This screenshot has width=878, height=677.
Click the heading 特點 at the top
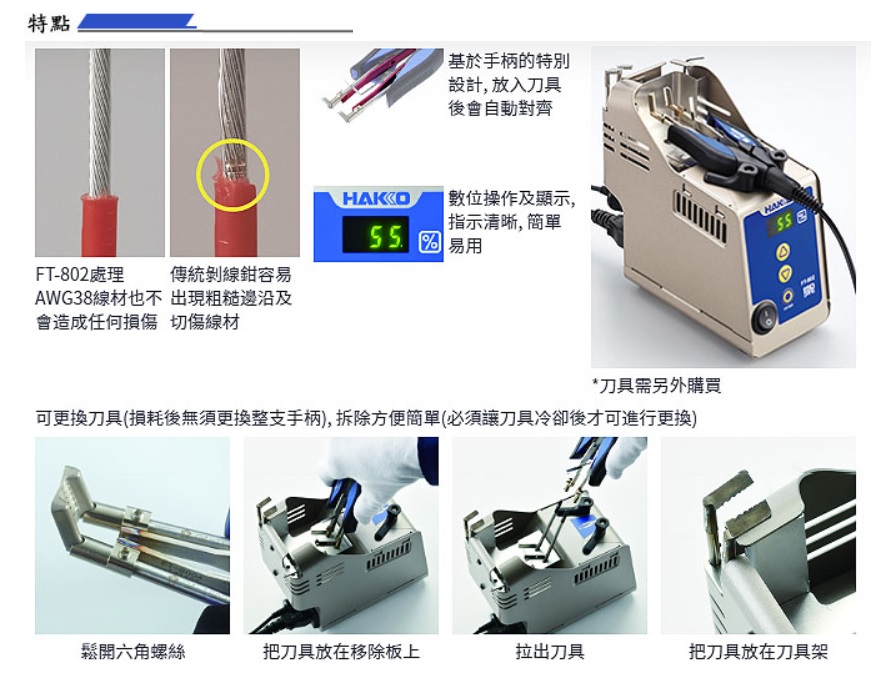tap(49, 23)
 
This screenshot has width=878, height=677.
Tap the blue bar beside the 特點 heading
tap(136, 21)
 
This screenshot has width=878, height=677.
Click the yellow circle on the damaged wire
tap(233, 175)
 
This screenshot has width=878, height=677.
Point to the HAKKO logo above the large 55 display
tap(376, 198)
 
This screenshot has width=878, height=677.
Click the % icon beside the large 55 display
tap(429, 242)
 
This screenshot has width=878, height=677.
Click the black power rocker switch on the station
tap(765, 319)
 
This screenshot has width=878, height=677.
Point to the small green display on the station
tap(783, 221)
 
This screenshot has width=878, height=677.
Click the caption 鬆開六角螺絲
tap(133, 651)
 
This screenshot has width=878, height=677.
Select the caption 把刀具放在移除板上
tap(341, 651)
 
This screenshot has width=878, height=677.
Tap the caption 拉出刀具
tap(550, 651)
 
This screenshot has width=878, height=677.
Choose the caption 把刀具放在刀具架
tap(758, 651)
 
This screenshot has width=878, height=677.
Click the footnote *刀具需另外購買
tap(657, 385)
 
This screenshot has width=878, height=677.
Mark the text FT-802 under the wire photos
tap(63, 274)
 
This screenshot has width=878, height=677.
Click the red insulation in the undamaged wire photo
tap(99, 225)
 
